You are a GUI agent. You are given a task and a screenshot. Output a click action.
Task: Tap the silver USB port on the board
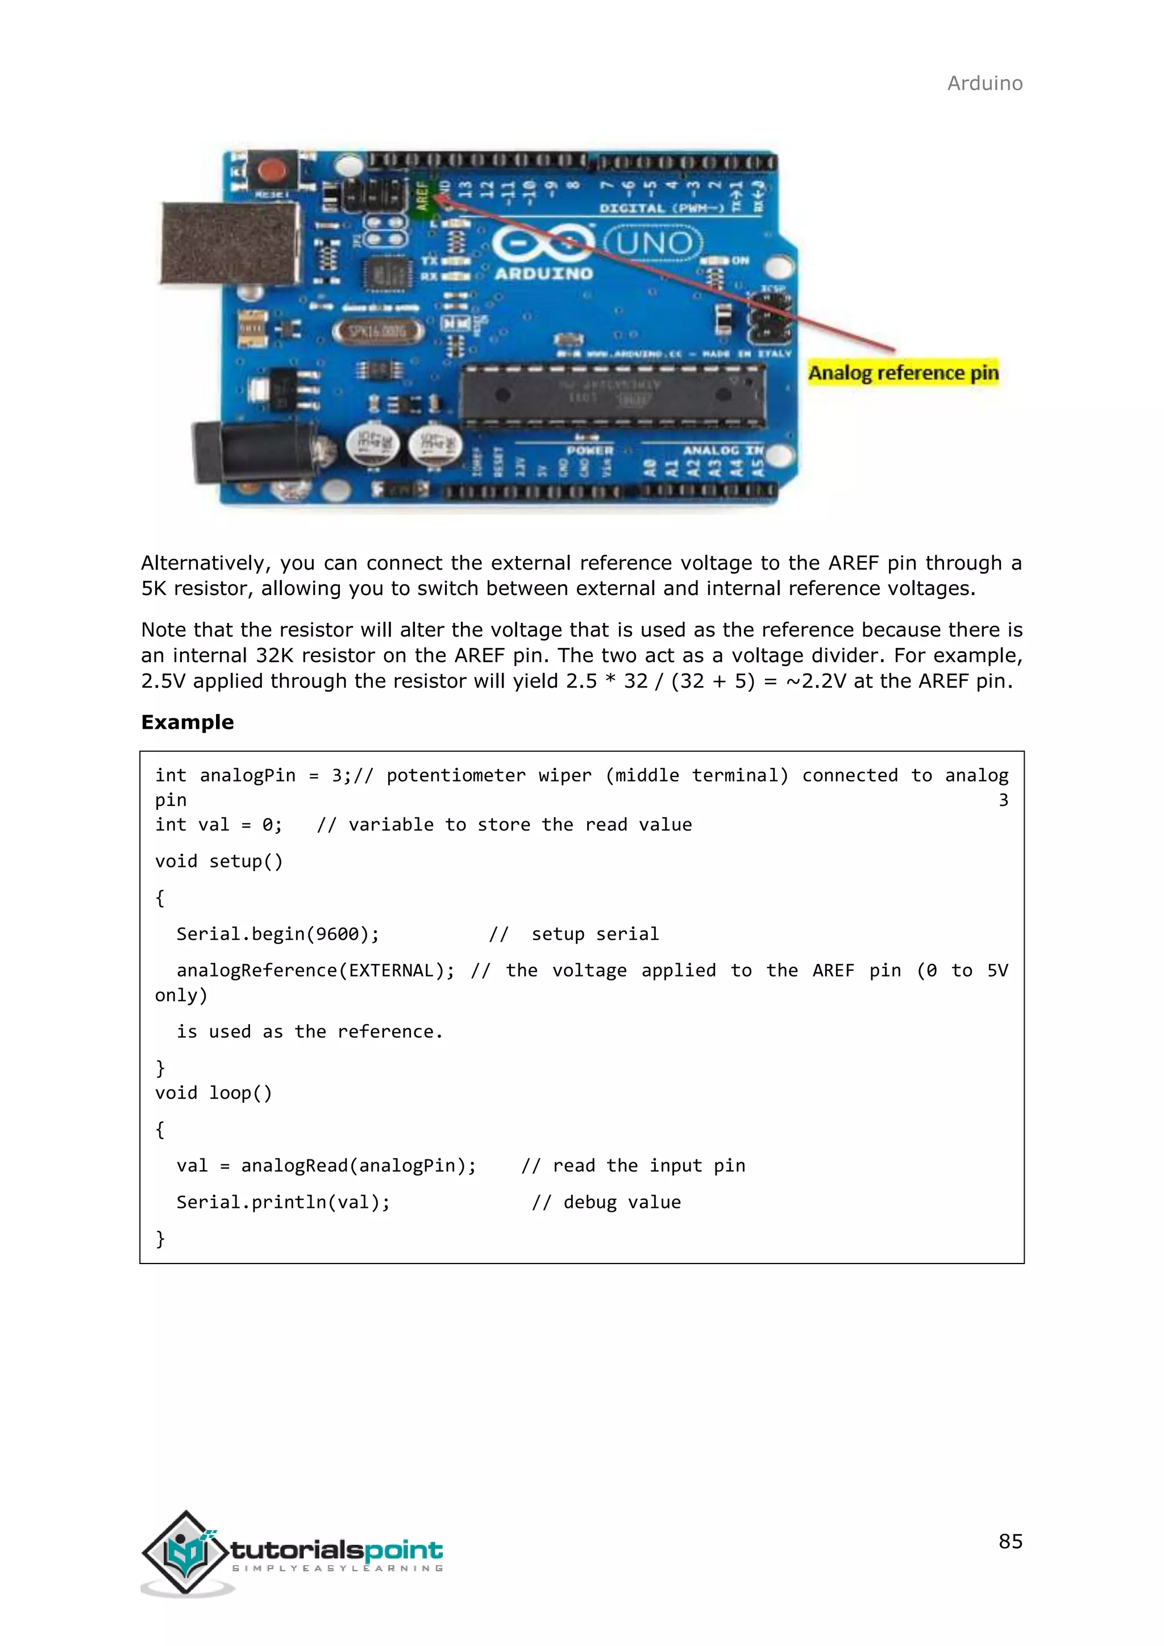click(228, 242)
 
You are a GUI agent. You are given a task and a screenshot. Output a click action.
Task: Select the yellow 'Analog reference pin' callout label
click(903, 373)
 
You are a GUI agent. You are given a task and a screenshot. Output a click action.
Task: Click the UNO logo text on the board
click(653, 244)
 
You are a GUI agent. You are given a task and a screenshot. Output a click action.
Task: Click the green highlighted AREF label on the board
click(422, 195)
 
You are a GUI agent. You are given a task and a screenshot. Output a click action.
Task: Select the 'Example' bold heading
click(188, 722)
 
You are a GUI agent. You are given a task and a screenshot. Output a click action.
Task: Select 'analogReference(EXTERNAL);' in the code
click(315, 970)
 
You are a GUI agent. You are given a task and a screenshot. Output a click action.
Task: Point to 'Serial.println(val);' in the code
click(283, 1202)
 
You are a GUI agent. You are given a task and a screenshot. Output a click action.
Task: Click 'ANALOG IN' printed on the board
click(722, 450)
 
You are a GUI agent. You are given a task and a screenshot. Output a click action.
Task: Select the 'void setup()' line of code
click(219, 861)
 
